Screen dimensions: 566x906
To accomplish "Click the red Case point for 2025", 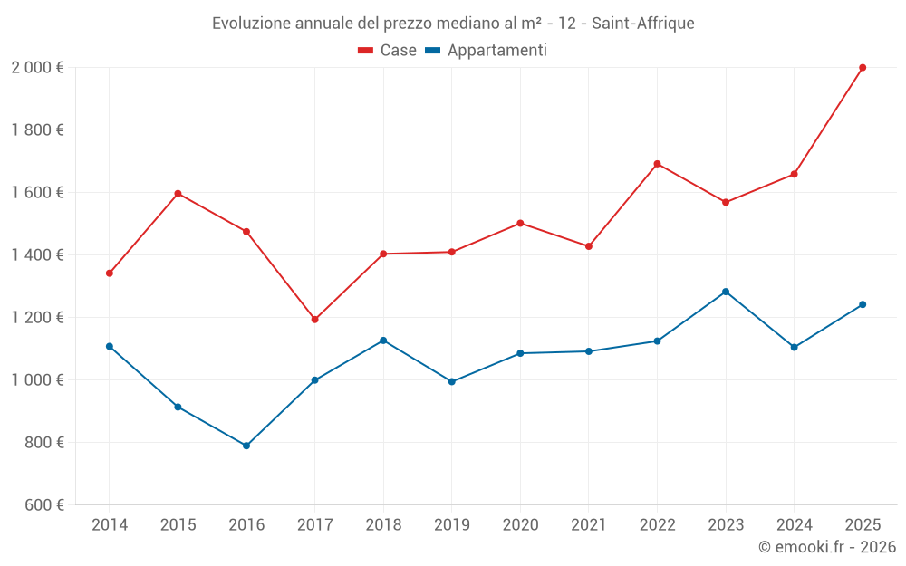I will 863,68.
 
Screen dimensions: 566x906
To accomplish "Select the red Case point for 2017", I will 314,320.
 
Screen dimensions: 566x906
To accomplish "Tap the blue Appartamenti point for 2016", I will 246,446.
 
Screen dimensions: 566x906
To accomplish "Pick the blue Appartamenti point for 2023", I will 726,292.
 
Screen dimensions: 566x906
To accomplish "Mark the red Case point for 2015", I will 178,194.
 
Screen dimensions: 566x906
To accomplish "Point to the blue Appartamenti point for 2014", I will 110,346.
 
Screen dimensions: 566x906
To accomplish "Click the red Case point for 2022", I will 657,164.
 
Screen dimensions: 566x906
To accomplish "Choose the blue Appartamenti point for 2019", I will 452,381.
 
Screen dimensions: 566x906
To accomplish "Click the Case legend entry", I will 388,51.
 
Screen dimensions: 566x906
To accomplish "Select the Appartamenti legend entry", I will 487,51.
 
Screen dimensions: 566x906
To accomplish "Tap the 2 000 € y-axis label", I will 37,68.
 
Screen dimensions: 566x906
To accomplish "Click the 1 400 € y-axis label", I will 37,255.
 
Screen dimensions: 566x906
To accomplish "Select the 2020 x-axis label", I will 520,525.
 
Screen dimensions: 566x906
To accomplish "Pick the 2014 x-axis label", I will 110,525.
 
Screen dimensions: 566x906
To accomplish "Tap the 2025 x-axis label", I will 863,525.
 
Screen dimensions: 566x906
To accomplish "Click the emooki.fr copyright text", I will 827,547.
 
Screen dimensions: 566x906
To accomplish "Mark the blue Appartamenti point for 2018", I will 383,341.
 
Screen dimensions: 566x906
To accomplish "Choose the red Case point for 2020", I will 520,223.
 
